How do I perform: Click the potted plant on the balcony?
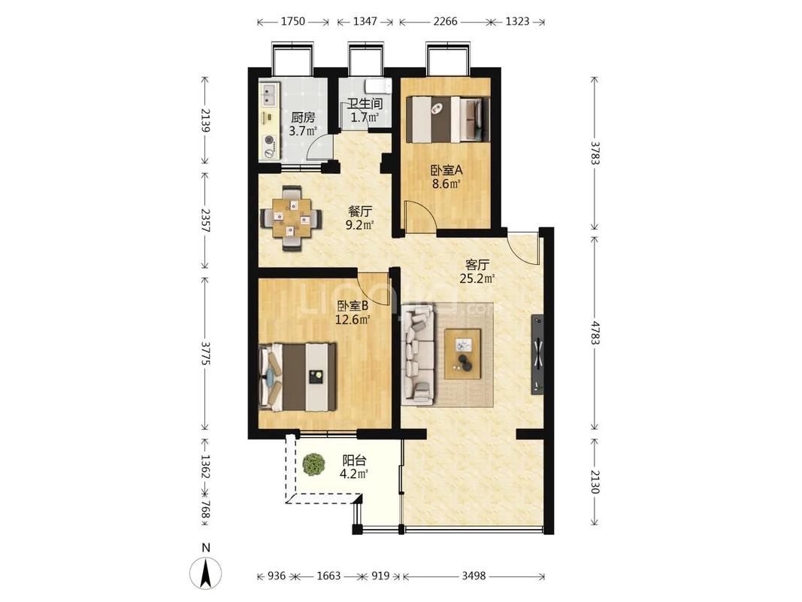coord(313,464)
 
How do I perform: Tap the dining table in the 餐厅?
coord(292,218)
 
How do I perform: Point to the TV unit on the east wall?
coord(537,354)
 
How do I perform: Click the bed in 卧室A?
coord(447,120)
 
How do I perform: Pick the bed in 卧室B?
coord(298,377)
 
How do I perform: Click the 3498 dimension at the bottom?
coord(474,576)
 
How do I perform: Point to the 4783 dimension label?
coord(595,333)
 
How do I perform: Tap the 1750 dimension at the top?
coord(293,22)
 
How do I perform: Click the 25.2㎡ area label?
coord(477,279)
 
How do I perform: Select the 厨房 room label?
coord(303,117)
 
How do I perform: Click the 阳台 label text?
coord(354,461)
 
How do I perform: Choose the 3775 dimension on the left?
coord(205,354)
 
